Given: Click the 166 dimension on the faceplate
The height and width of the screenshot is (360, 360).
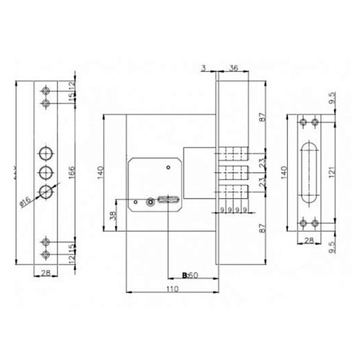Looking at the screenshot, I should [x=71, y=172].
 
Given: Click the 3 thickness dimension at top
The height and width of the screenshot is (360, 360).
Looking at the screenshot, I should [x=204, y=68].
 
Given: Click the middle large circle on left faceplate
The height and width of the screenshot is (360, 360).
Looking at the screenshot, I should [x=46, y=172].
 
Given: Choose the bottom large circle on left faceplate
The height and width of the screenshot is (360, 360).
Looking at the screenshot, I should [x=46, y=192].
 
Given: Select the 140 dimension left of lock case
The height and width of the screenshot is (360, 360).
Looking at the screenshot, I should [x=102, y=172].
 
